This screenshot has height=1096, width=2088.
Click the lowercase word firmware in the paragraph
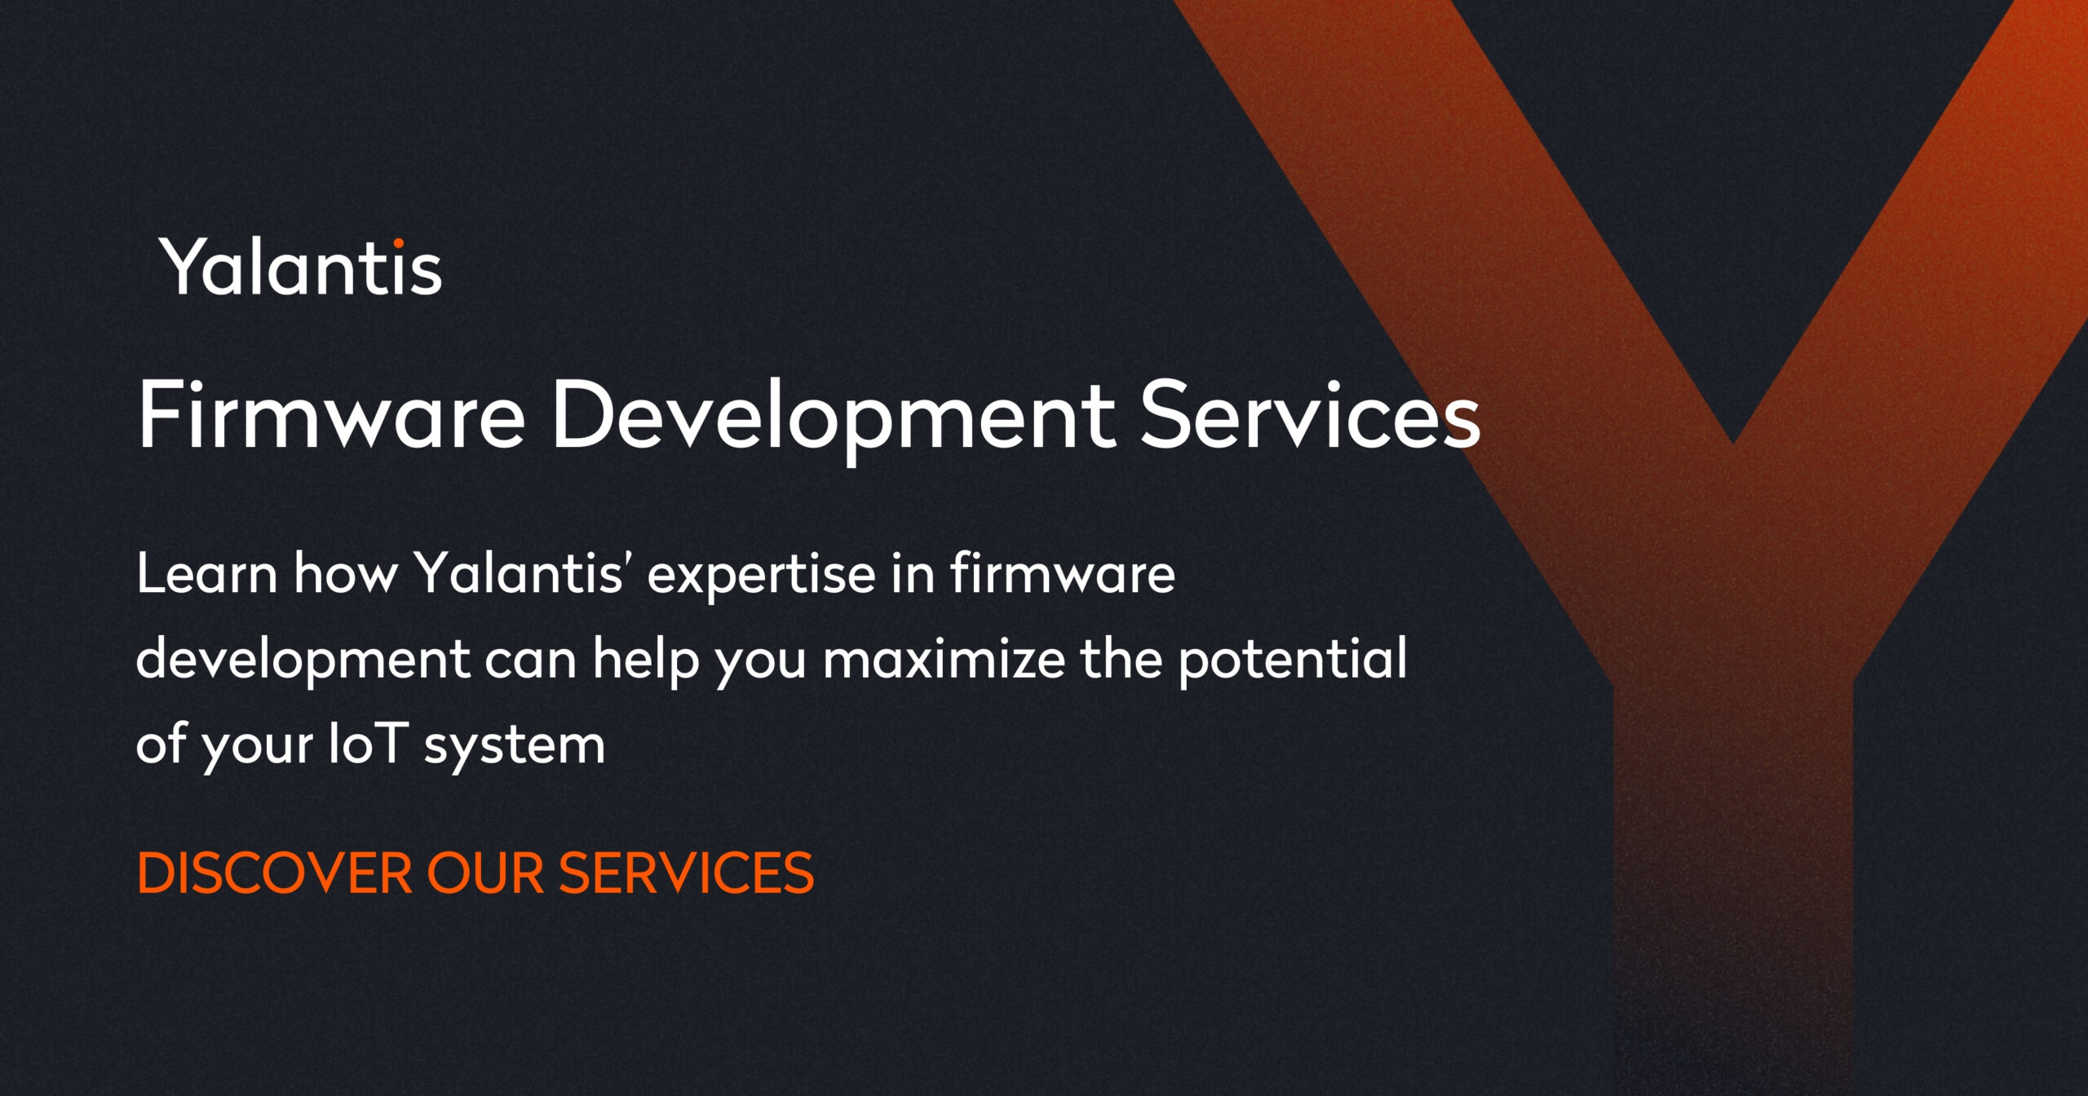point(1062,574)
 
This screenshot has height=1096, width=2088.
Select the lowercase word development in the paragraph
point(303,660)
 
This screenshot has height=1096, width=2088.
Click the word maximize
point(944,659)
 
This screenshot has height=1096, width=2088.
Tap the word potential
point(1293,660)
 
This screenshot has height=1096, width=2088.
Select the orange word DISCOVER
point(275,873)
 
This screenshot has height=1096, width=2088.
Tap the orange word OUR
point(484,873)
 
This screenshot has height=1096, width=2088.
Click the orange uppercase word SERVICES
point(686,873)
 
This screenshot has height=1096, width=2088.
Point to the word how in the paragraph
point(345,574)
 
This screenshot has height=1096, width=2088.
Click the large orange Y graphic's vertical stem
point(1732,815)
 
